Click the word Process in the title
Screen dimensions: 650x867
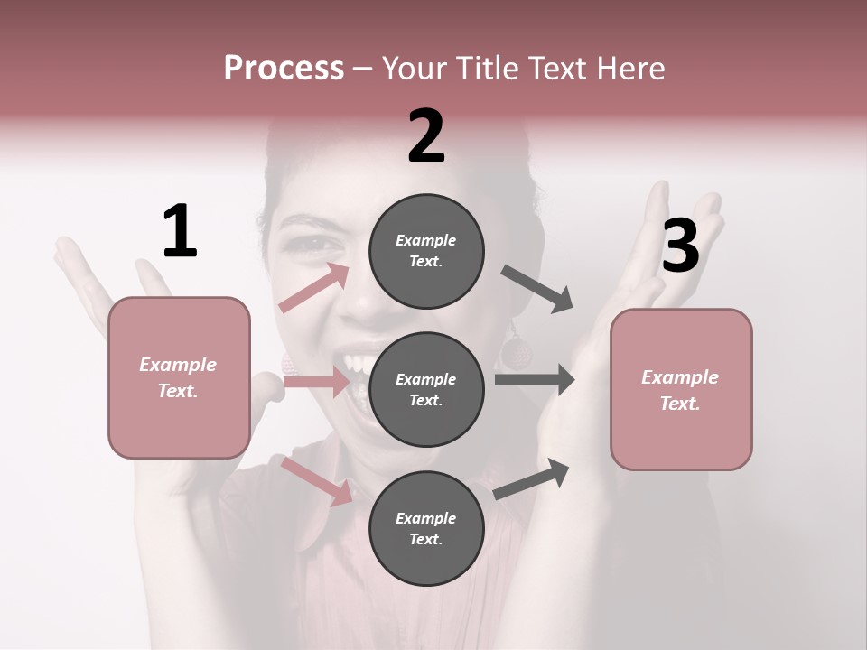[284, 68]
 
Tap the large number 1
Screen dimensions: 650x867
[180, 232]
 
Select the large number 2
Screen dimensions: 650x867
[426, 136]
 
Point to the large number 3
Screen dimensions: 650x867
[680, 246]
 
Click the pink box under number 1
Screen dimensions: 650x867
[179, 377]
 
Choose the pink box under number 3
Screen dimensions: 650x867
[681, 389]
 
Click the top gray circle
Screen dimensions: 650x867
[426, 250]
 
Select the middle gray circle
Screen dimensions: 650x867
[426, 389]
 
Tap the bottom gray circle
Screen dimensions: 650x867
[426, 528]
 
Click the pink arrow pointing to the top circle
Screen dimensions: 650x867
[315, 288]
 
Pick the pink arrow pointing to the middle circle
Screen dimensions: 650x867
[316, 383]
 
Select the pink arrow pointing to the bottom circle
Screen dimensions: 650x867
[316, 480]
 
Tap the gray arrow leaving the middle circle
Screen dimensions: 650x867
[535, 379]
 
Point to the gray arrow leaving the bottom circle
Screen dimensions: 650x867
[532, 478]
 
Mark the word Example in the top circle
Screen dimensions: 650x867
[426, 240]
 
